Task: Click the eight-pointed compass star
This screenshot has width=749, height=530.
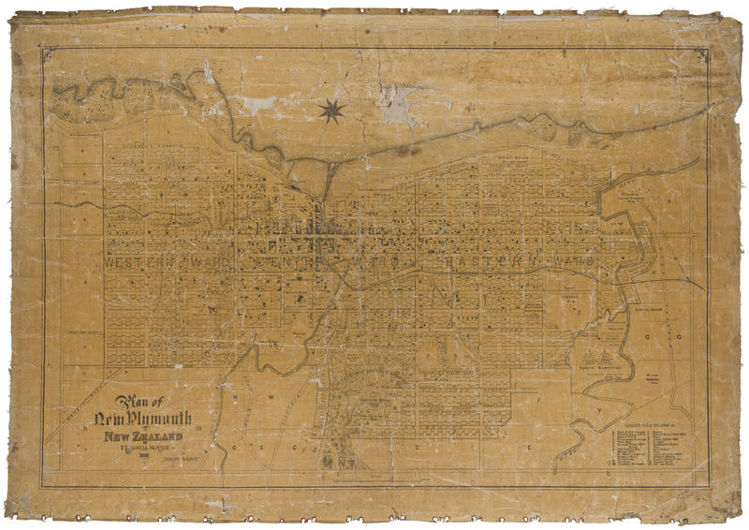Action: [331, 111]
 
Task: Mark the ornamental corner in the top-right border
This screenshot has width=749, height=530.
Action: [701, 55]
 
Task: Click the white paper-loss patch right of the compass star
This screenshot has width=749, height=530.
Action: [398, 104]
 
